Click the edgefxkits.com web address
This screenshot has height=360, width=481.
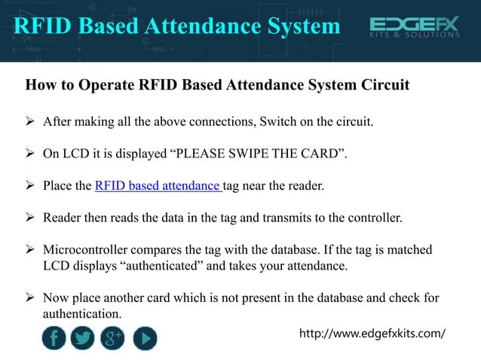point(373,333)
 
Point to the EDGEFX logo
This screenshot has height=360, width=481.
point(414,25)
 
